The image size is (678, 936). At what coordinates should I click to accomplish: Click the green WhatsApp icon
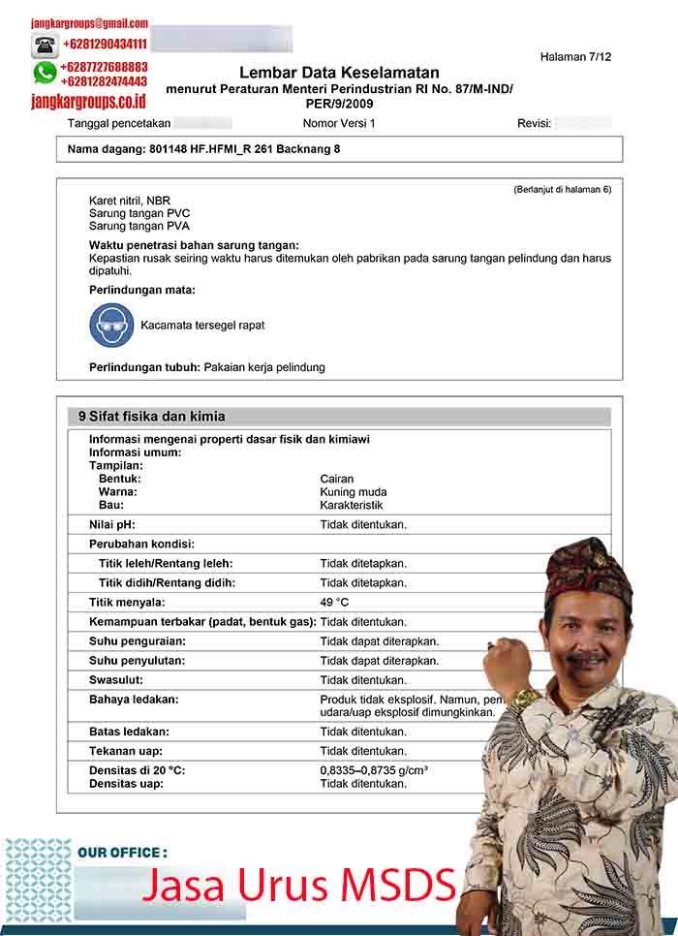(x=45, y=73)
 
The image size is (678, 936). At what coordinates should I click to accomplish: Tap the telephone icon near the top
(x=45, y=45)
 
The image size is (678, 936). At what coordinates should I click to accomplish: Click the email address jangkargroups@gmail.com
(x=89, y=23)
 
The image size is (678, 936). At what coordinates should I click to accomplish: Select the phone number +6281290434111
(x=105, y=45)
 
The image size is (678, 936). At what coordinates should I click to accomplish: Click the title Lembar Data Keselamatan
(x=339, y=73)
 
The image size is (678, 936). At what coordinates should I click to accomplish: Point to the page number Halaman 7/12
(x=575, y=57)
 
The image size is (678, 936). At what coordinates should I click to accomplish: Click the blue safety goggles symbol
(x=111, y=326)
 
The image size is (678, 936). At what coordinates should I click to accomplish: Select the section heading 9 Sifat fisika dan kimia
(x=152, y=417)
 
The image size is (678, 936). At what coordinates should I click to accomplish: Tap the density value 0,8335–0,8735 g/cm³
(x=374, y=770)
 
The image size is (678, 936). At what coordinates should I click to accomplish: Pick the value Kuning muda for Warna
(x=354, y=492)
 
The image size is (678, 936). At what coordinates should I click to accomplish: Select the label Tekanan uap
(x=126, y=751)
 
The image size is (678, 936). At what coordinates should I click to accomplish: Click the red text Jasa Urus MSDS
(x=299, y=884)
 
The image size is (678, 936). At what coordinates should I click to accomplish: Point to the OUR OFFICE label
(x=122, y=853)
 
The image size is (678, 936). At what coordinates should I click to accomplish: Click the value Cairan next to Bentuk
(x=337, y=479)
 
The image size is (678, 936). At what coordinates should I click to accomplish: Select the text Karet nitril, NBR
(x=130, y=201)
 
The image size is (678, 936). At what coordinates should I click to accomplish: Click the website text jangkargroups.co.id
(x=88, y=100)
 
